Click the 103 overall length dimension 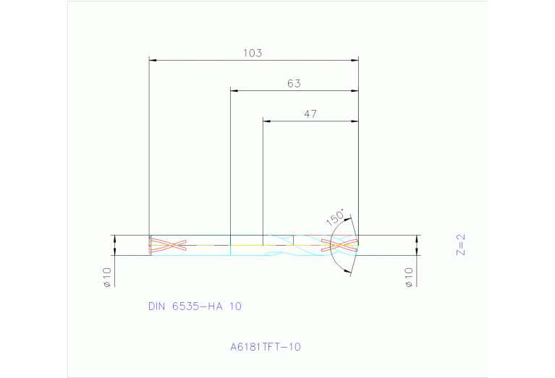pos(253,53)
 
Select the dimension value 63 pos(294,84)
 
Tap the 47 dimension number pos(310,114)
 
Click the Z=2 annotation pos(460,245)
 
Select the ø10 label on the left pos(106,277)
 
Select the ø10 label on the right pos(409,277)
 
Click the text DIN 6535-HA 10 pos(195,306)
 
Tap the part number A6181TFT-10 pos(266,347)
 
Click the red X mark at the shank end pos(168,245)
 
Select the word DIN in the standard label pos(157,306)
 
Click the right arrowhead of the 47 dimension pos(355,121)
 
